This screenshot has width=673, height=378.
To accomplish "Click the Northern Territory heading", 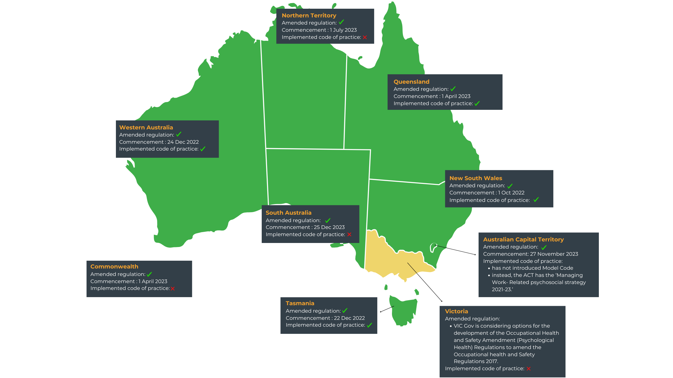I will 309,16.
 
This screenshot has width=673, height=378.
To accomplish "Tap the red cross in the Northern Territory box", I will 365,37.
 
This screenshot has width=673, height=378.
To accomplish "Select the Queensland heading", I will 411,82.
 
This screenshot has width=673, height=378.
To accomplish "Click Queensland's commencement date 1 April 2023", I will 456,96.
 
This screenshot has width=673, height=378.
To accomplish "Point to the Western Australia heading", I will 146,128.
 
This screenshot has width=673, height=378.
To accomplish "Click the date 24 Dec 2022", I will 183,142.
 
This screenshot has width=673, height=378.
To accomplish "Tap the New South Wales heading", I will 475,178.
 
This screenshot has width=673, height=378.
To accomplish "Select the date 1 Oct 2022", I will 511,193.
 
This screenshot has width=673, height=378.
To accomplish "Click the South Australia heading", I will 288,213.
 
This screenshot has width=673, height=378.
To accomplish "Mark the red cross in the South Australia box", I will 349,235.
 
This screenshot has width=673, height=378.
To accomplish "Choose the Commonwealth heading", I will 114,267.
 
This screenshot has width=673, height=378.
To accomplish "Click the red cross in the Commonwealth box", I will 173,289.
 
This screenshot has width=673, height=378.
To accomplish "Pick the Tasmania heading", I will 300,303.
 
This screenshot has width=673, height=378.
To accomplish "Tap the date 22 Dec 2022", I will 349,318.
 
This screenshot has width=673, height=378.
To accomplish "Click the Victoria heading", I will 456,311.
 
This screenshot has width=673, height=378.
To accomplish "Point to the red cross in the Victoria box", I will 528,369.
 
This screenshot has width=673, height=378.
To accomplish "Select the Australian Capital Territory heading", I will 523,240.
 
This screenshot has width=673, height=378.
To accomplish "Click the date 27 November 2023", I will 554,254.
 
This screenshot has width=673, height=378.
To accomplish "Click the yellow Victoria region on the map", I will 393,258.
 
